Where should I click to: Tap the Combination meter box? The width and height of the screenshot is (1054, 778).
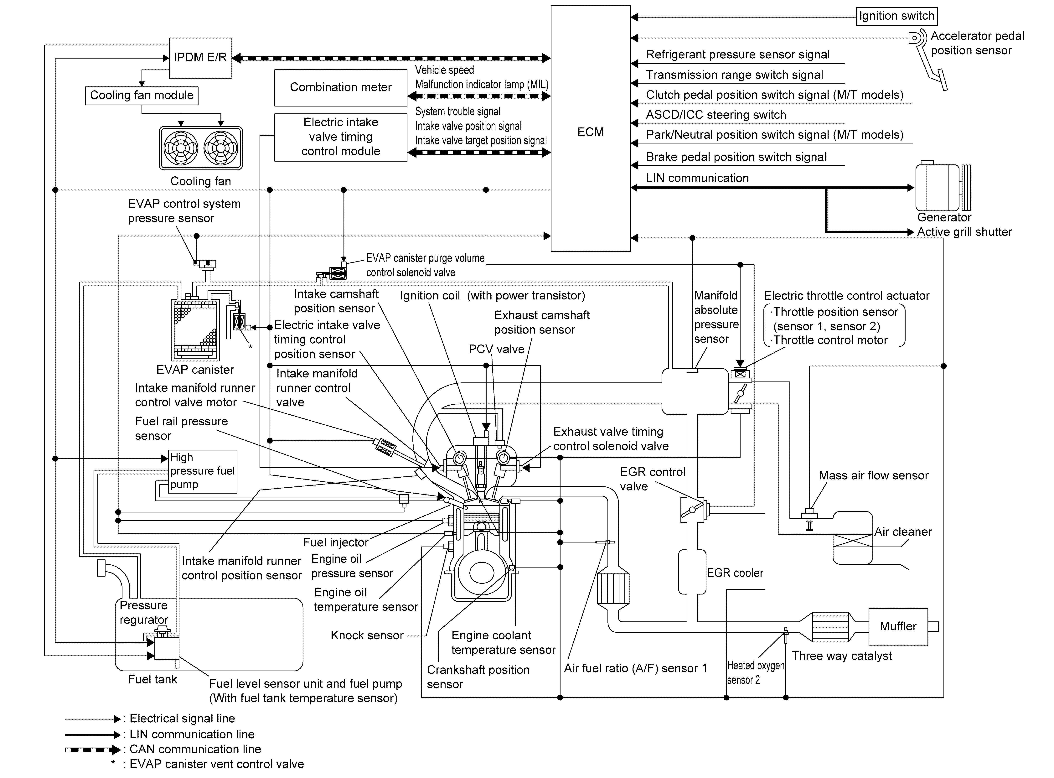click(340, 88)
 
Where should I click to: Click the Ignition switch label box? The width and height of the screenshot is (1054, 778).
click(896, 16)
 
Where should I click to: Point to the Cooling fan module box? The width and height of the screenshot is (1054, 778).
click(142, 96)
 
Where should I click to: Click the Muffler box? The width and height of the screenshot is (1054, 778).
click(898, 626)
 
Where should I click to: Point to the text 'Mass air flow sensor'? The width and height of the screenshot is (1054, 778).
click(873, 476)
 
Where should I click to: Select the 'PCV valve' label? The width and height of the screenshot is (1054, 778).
click(496, 350)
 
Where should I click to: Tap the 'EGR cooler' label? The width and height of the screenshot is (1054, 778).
click(735, 573)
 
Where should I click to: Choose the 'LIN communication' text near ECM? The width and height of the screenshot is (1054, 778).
click(697, 178)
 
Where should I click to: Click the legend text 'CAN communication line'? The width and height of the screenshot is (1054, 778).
click(195, 749)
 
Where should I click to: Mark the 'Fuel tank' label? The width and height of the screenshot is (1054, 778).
click(152, 680)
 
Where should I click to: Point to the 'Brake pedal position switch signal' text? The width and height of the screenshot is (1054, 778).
click(736, 157)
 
